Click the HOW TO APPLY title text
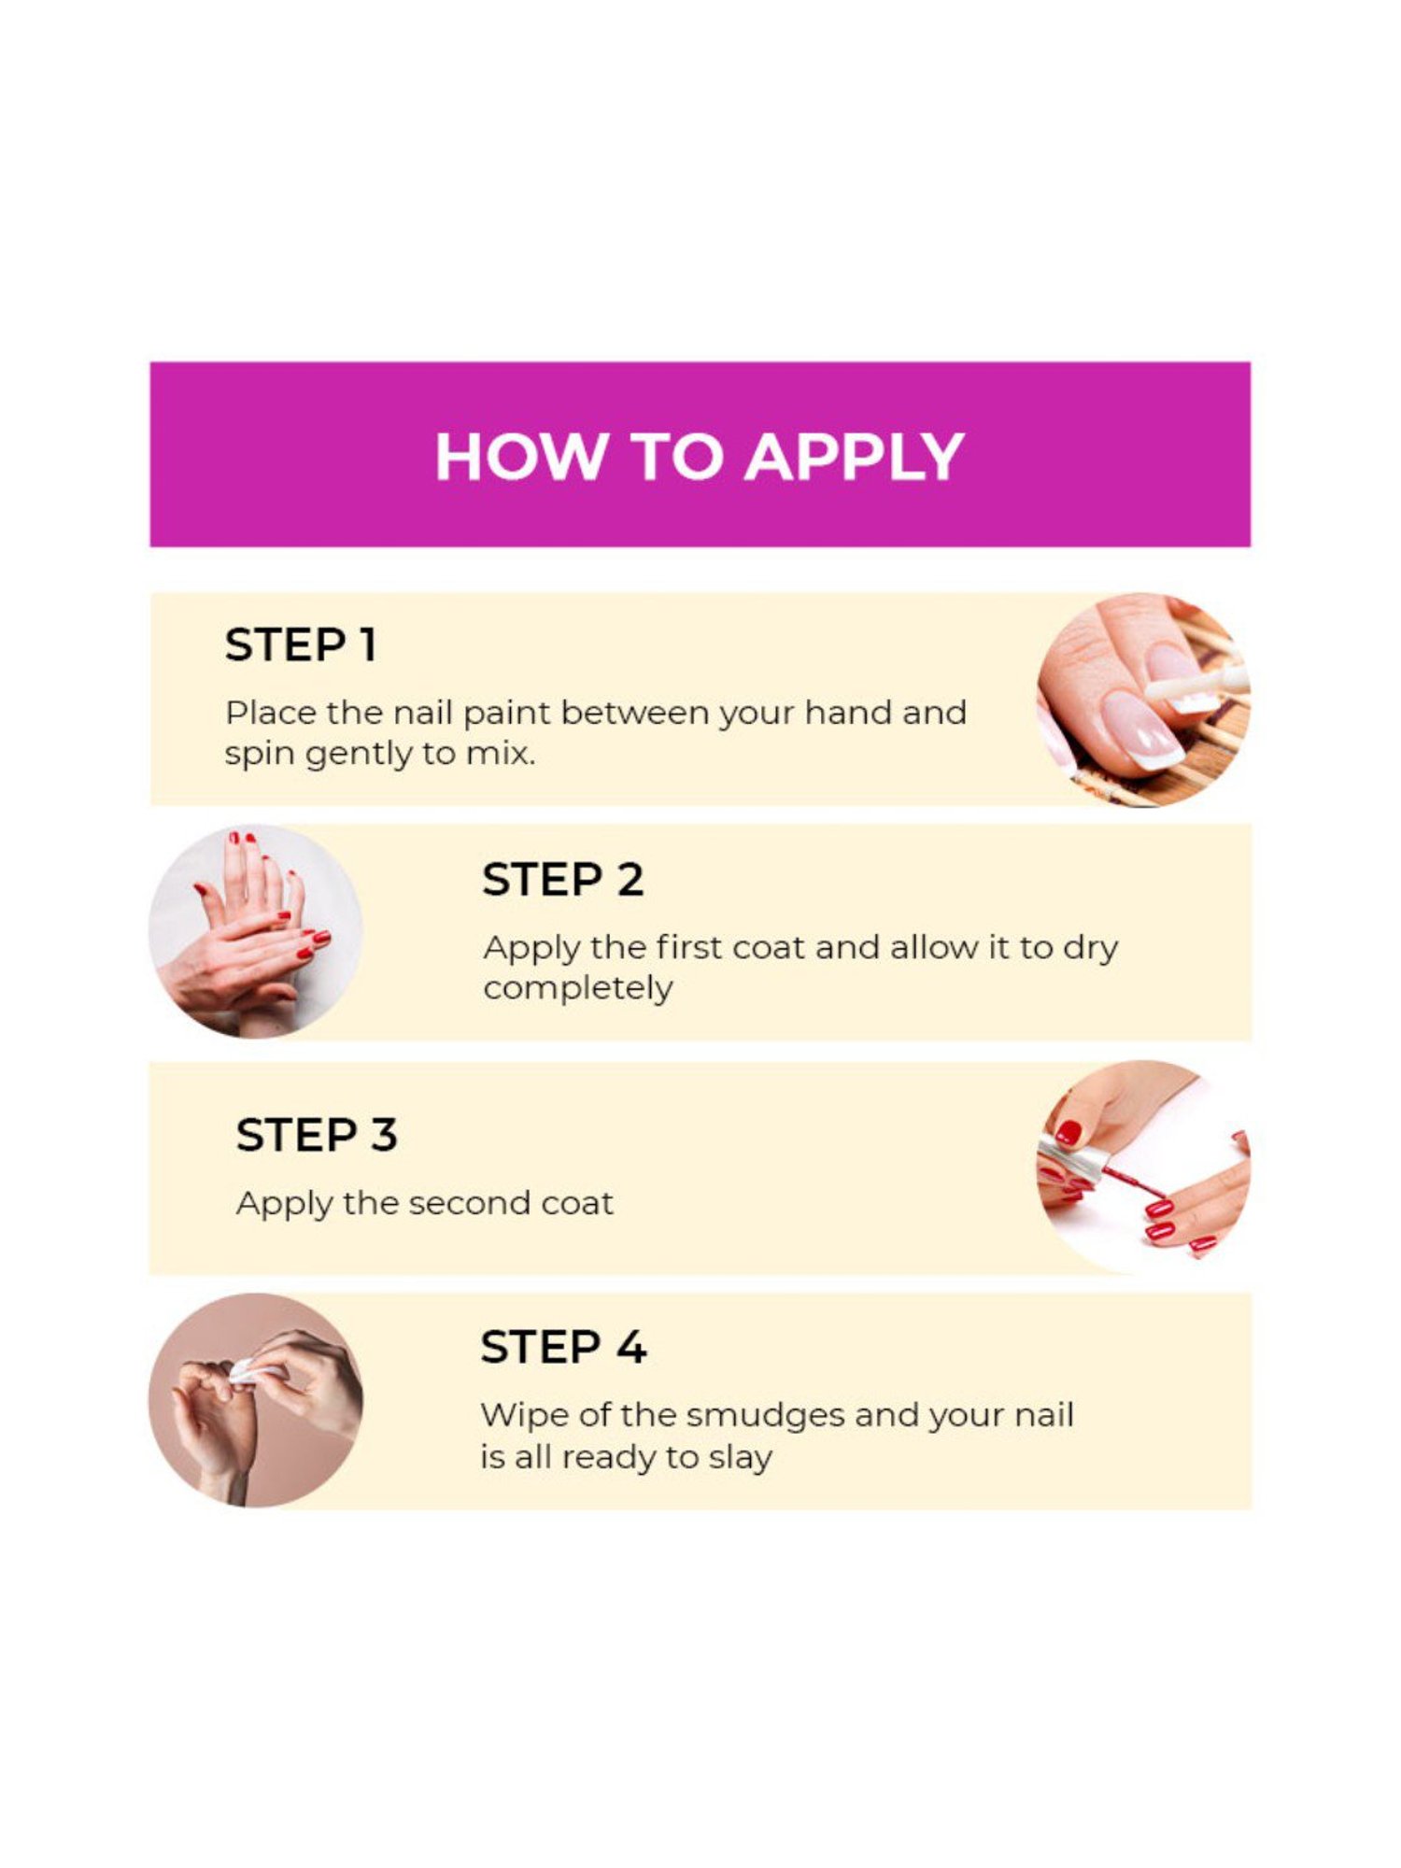pos(700,457)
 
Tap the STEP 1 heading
pos(301,645)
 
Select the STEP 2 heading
pos(562,880)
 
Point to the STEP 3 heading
pos(317,1136)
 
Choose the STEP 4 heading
pos(563,1348)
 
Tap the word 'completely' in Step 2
pos(578,989)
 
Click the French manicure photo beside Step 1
pos(1144,700)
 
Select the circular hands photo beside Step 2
pos(256,931)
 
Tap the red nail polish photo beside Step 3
pos(1144,1167)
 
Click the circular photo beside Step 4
pos(256,1400)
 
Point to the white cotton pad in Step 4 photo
pos(250,1372)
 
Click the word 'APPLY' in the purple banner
pos(854,457)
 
